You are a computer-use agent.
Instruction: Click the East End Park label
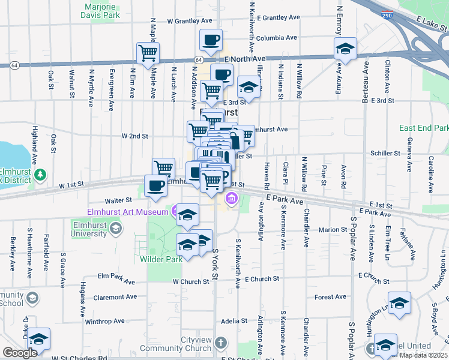424,128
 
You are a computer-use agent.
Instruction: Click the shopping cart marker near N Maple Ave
147,53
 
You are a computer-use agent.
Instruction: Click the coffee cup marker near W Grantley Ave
211,40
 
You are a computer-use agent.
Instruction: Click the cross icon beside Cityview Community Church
221,343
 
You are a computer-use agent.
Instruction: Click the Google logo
20,353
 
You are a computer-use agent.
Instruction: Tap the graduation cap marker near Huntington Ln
399,304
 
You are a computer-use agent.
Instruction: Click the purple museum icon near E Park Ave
231,197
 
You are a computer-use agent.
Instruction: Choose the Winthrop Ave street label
101,322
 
